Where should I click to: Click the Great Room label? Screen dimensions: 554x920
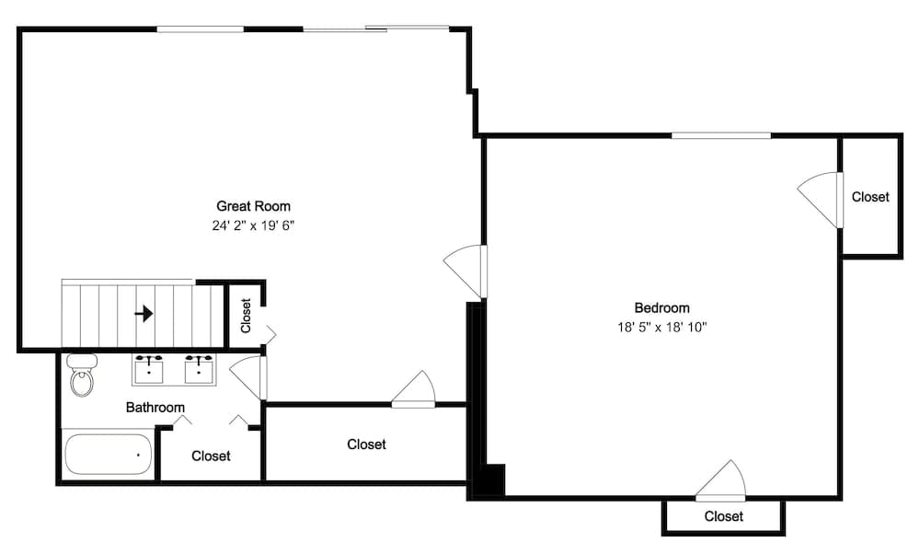pos(253,206)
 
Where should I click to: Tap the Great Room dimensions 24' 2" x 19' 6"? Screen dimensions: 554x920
pos(253,225)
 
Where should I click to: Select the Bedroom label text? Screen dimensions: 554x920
pos(661,308)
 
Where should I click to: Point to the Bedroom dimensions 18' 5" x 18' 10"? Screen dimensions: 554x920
pos(661,327)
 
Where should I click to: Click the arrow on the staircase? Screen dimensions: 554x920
pos(144,314)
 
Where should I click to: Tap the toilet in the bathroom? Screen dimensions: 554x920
pos(83,375)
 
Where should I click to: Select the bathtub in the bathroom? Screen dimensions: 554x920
pos(108,455)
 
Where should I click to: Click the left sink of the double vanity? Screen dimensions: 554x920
pos(149,369)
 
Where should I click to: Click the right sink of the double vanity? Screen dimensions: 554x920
pos(200,369)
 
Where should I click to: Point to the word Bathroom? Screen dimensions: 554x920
pos(155,408)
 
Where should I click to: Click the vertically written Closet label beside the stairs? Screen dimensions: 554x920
pos(246,316)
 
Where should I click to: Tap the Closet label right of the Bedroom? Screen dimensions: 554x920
pos(870,197)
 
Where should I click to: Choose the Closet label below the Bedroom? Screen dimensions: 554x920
pos(723,516)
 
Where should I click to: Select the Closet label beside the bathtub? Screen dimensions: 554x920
pos(211,456)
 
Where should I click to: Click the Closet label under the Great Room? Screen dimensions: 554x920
pos(366,444)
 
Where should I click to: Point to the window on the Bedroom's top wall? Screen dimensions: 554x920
pos(720,136)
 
